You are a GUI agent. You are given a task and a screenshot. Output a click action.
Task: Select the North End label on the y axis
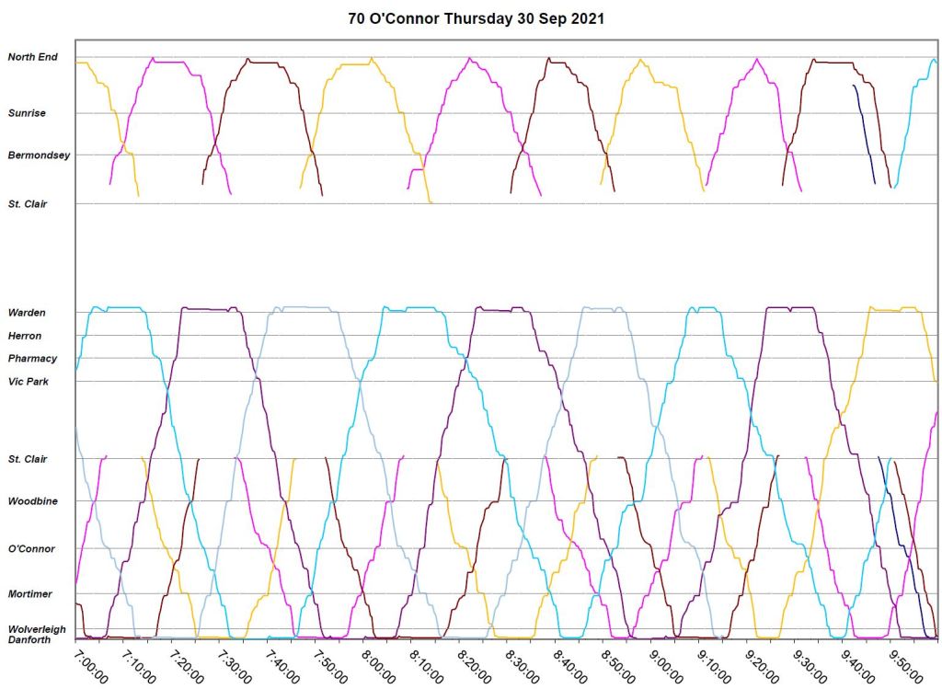(x=32, y=57)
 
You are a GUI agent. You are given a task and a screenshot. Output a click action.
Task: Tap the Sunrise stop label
(x=27, y=113)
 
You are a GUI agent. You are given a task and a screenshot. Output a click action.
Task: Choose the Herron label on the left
(x=25, y=336)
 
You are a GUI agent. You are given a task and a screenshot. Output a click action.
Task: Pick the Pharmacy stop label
(x=32, y=359)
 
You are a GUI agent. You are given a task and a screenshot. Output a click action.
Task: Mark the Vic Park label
(x=28, y=381)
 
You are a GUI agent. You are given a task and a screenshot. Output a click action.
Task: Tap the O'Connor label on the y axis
(x=31, y=549)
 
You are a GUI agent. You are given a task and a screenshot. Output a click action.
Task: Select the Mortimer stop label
(x=29, y=594)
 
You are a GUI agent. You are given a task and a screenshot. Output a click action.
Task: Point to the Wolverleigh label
(x=36, y=629)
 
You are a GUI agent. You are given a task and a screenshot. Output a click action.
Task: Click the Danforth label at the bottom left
(x=29, y=639)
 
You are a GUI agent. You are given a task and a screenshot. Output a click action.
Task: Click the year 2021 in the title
(x=588, y=18)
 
